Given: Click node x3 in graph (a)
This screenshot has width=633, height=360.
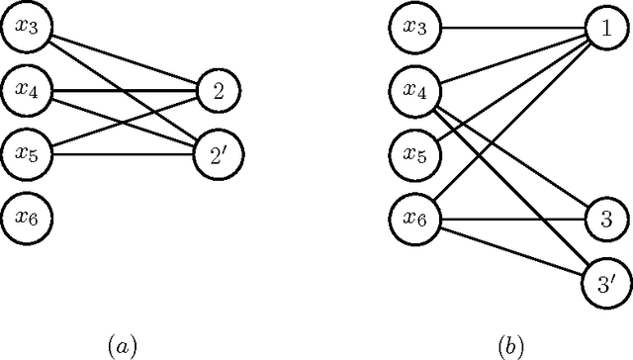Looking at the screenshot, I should (x=27, y=31).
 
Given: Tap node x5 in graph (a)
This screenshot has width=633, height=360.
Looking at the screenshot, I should (x=27, y=153).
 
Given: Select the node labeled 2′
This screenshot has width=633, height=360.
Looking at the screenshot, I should (x=217, y=153).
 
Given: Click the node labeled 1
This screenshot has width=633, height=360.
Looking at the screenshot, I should (x=604, y=31).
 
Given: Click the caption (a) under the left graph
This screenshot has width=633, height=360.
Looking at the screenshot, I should (x=122, y=345).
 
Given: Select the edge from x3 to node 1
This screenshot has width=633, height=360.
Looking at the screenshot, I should (x=509, y=31).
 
